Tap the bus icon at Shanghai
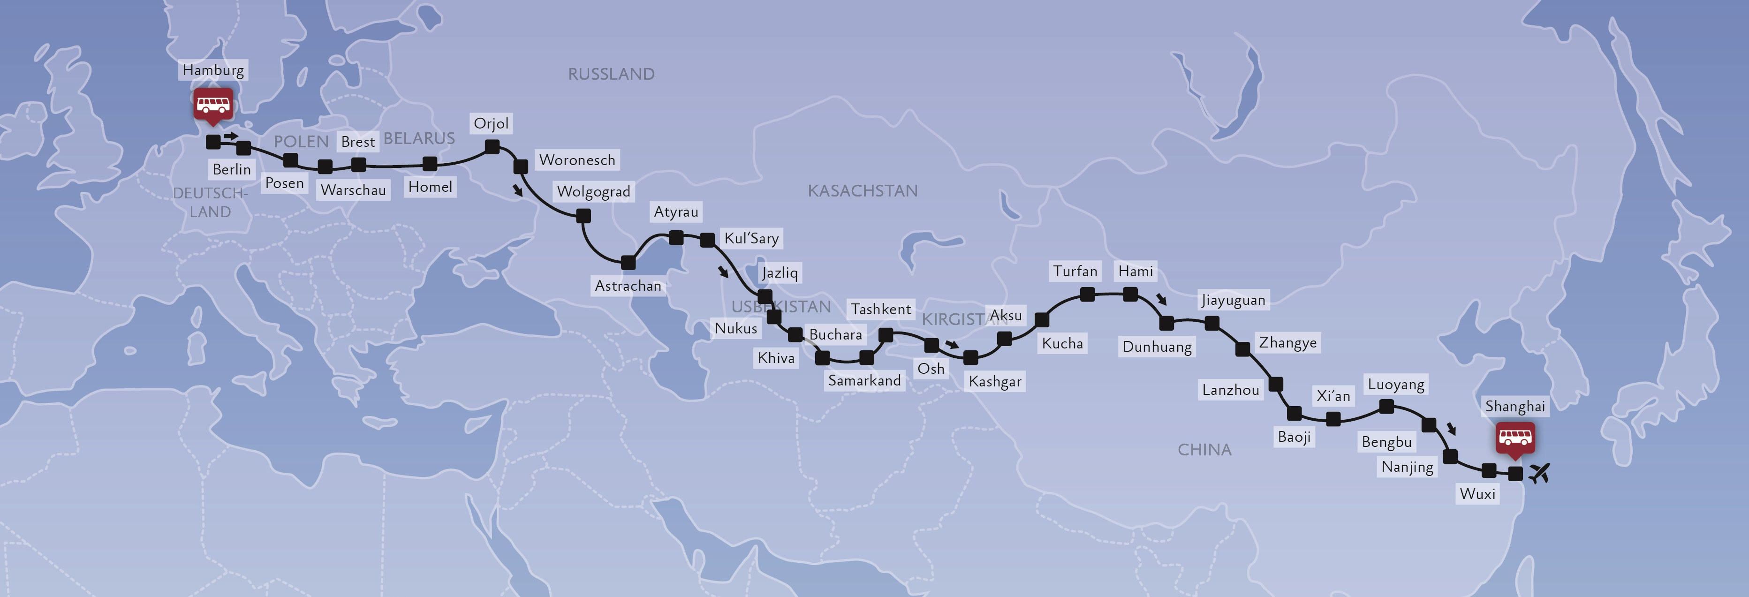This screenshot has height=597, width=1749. pos(1515,438)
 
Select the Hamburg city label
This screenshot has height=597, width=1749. pos(213,70)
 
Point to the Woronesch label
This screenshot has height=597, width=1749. pos(577,160)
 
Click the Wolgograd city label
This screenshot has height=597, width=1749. pos(593,191)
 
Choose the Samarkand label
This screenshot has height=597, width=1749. pos(864,380)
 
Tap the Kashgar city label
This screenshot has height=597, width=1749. pos(995,382)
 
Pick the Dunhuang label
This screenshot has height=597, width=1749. pos(1157,347)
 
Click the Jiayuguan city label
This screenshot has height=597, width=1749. pos(1233,300)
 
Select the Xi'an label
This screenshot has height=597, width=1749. pos(1333,396)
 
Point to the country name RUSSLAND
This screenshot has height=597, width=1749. pos(611,74)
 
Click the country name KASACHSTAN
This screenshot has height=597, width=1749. pos(862,191)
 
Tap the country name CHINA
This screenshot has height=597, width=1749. pos(1204,450)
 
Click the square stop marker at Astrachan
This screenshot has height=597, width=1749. pos(628,262)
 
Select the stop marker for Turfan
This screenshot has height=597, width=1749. pos(1087,294)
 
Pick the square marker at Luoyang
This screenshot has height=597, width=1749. pos(1387,407)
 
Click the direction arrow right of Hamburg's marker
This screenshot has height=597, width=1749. pos(232,136)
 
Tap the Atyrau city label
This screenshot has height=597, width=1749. pos(675,212)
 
